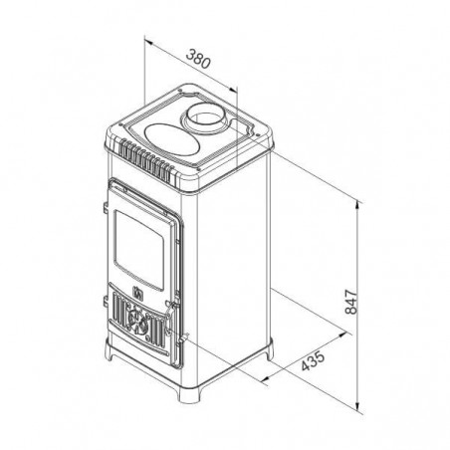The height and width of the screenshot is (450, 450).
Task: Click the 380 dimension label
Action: (198, 59)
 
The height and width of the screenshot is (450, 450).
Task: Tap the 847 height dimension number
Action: (350, 302)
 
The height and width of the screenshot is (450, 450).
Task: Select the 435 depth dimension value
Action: (313, 360)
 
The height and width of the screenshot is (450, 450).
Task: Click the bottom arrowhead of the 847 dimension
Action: (357, 406)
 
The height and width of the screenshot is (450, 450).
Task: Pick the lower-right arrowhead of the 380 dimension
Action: (233, 89)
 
